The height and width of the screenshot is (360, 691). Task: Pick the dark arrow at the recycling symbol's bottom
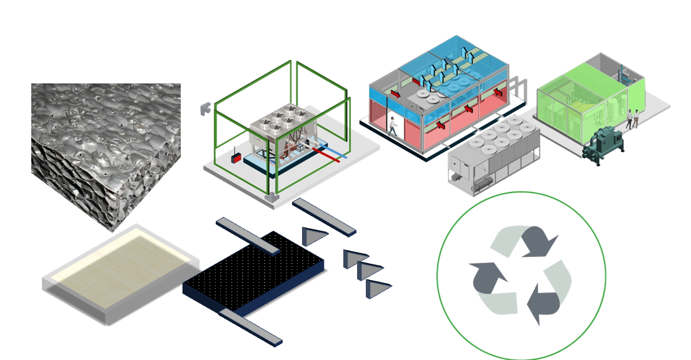(543, 304)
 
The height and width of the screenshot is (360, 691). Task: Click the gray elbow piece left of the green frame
(205, 108)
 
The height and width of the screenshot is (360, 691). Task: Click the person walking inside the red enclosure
(393, 126)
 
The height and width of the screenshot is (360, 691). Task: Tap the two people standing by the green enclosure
(633, 119)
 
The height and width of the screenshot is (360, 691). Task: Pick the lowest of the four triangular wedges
(378, 288)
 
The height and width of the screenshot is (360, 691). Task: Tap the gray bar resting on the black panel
(247, 236)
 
